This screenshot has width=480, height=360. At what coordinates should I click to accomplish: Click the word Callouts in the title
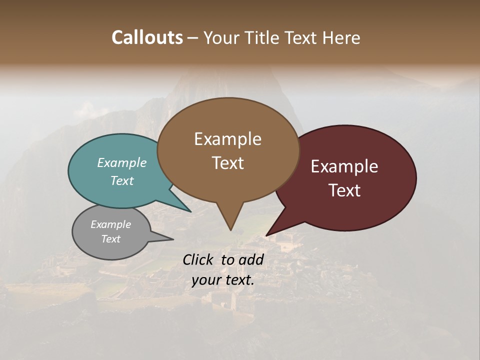(147, 37)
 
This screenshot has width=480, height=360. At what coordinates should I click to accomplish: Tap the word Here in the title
(342, 37)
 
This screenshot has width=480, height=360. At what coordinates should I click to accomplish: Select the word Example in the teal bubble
(122, 162)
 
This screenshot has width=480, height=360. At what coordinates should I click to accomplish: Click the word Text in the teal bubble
(122, 180)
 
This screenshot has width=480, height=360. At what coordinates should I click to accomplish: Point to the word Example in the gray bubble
(110, 224)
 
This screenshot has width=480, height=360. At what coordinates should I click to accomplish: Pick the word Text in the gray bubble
(110, 239)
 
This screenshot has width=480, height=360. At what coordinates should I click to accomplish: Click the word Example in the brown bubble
(227, 139)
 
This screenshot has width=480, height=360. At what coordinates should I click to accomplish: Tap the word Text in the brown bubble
(227, 163)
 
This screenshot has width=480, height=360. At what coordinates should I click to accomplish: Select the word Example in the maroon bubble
(344, 166)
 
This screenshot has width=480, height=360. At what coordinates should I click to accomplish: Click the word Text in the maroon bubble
(344, 190)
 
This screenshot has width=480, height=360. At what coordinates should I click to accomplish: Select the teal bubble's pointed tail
(185, 207)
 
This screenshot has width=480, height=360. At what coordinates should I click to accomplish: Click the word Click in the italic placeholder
(199, 259)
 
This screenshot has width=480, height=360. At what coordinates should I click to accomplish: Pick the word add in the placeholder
(251, 259)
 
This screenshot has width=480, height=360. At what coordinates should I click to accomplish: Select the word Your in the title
(220, 37)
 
